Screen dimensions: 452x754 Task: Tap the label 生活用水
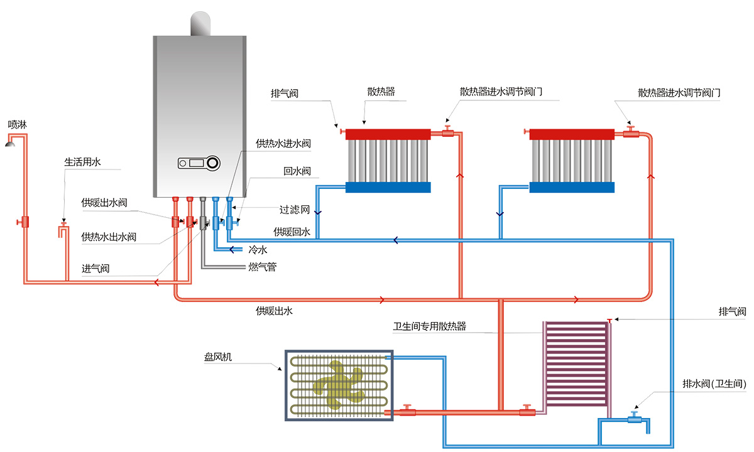pos(82,162)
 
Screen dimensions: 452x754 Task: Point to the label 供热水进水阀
pos(283,144)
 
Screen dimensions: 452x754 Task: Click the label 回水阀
pos(297,171)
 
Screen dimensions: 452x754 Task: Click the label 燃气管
pos(262,267)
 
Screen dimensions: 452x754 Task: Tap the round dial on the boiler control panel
pos(213,163)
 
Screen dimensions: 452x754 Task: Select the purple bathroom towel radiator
pos(576,364)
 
